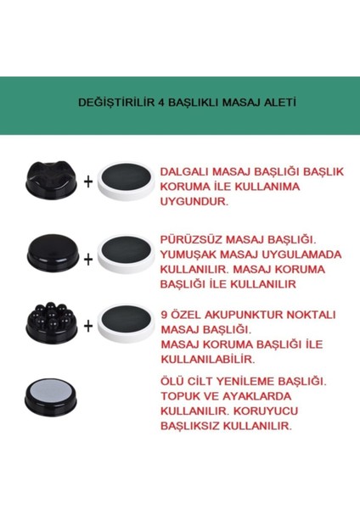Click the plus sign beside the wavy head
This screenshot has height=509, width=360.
coord(87,181)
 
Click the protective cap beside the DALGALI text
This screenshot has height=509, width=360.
coord(127,181)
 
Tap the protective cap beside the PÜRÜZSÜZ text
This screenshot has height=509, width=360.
coord(127,254)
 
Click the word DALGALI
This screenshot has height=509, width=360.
coord(184,171)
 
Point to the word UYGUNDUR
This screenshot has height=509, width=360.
coord(191,204)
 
